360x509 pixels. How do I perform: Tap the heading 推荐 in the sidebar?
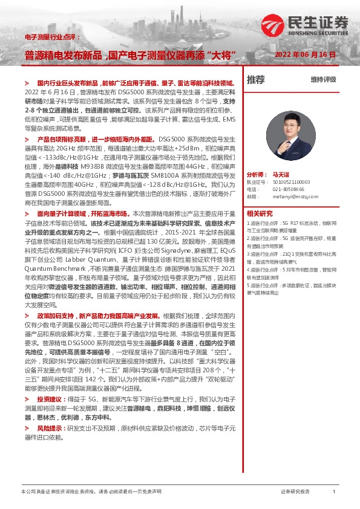(256, 79)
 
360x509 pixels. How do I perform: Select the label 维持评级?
(323, 79)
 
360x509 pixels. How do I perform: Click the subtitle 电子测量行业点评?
(51, 37)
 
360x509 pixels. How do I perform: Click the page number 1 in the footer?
(333, 492)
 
